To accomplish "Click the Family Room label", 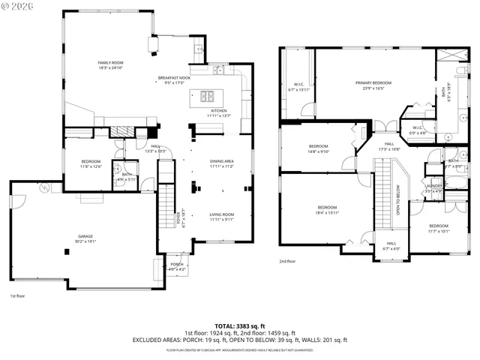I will click(x=110, y=64).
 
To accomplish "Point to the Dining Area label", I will click(x=222, y=163).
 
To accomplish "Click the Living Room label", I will click(x=222, y=217).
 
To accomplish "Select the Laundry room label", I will click(x=433, y=187).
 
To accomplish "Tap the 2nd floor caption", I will click(x=288, y=262).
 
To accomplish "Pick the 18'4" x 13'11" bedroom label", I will click(x=327, y=209).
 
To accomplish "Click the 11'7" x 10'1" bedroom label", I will click(x=439, y=228).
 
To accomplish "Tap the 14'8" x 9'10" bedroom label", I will click(x=319, y=148).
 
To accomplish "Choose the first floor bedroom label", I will click(x=91, y=163).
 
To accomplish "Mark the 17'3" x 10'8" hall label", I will click(x=390, y=146).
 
